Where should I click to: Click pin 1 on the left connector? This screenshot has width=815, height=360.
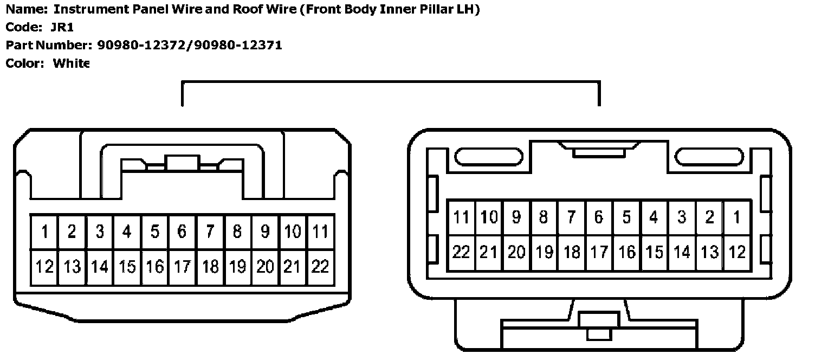(x=44, y=232)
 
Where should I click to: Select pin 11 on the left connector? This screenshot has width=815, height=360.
(x=321, y=232)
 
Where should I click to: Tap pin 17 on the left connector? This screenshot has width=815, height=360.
(x=183, y=267)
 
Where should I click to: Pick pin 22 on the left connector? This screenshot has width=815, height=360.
(x=321, y=267)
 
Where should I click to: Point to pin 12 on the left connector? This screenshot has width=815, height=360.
(x=44, y=267)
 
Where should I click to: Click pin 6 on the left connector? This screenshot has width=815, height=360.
(x=183, y=232)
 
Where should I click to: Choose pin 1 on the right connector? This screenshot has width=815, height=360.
(x=736, y=217)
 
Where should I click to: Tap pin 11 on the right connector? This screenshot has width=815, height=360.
(x=461, y=217)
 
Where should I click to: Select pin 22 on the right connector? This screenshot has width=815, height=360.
(x=461, y=252)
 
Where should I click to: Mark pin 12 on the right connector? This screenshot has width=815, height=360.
(x=736, y=252)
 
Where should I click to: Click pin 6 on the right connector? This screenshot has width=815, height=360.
(x=599, y=217)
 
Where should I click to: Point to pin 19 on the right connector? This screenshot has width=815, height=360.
(x=544, y=252)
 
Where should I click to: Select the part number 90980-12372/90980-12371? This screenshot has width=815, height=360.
(x=190, y=45)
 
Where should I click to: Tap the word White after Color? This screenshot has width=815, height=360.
(x=71, y=63)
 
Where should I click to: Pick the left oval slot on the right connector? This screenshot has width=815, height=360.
(x=489, y=157)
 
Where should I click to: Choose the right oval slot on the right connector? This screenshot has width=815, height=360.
(x=709, y=157)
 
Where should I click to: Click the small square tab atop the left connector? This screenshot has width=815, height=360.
(x=183, y=163)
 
